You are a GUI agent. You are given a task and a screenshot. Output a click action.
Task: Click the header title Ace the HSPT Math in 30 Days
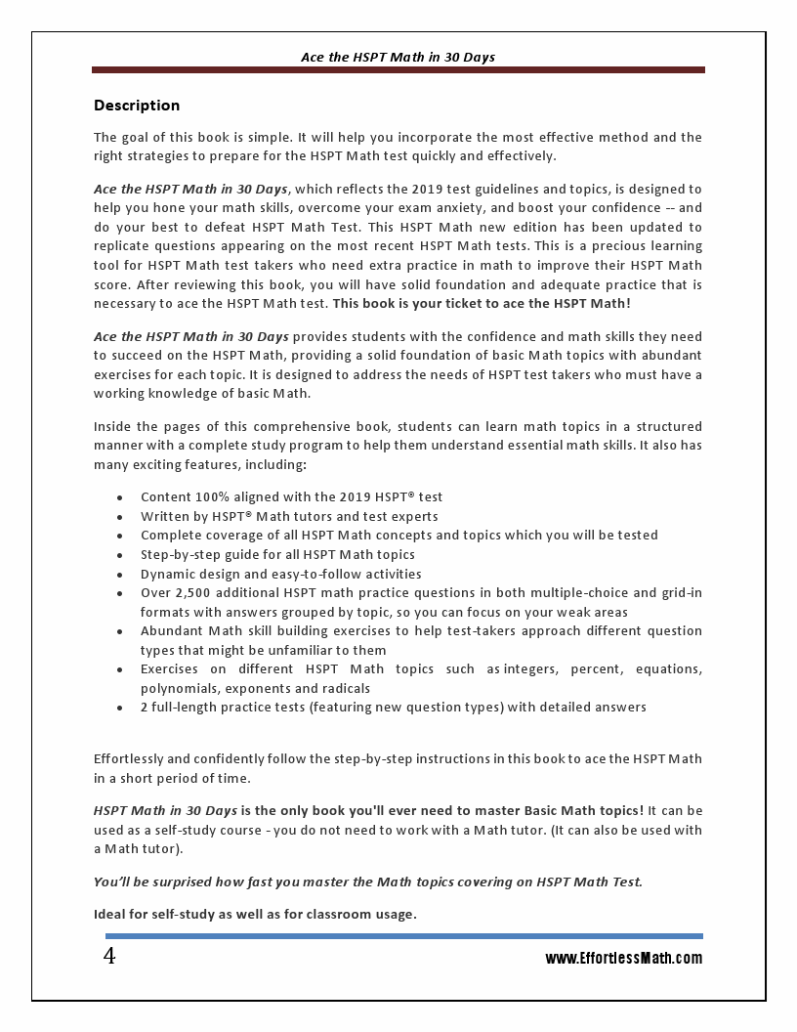398,57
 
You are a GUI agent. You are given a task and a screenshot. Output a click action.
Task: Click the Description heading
137,106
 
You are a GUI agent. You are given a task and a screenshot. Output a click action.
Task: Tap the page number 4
109,957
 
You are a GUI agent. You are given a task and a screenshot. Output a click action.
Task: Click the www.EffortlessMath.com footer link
623,959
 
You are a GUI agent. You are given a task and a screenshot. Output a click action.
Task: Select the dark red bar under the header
398,70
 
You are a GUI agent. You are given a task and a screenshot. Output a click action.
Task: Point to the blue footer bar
398,936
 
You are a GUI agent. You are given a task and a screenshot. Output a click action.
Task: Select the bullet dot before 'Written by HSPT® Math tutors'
119,517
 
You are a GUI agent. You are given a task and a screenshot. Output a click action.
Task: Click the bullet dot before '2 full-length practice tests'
119,708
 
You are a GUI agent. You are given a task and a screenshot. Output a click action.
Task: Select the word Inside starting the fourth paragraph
113,427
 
